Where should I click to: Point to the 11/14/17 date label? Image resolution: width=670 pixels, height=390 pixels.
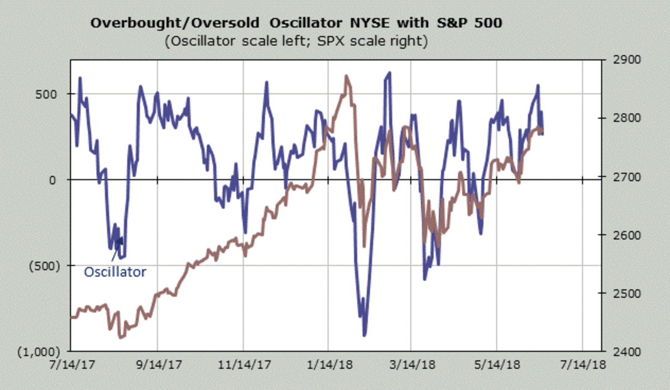pyautogui.click(x=243, y=365)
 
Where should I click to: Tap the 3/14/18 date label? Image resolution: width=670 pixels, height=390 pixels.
pyautogui.click(x=411, y=365)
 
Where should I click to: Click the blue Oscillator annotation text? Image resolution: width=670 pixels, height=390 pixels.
pyautogui.click(x=115, y=272)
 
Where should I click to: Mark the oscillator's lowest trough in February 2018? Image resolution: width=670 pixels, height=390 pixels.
pyautogui.click(x=365, y=335)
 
